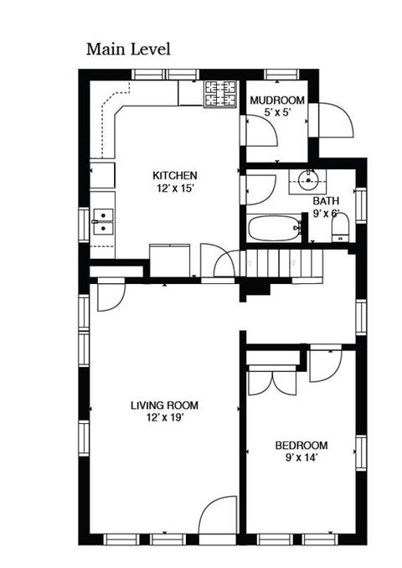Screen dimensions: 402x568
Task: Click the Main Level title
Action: pyautogui.click(x=128, y=49)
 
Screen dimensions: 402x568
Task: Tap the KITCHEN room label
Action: pyautogui.click(x=175, y=176)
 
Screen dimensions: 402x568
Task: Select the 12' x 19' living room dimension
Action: pyautogui.click(x=166, y=418)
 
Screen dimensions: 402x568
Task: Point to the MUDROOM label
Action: pyautogui.click(x=277, y=100)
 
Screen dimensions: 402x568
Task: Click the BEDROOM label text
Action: pyautogui.click(x=301, y=445)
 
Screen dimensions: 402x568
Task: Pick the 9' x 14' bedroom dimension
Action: pyautogui.click(x=301, y=458)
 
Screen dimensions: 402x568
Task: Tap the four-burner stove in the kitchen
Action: pyautogui.click(x=220, y=94)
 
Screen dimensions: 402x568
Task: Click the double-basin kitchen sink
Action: pyautogui.click(x=103, y=221)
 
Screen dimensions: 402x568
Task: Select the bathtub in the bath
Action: pyautogui.click(x=274, y=228)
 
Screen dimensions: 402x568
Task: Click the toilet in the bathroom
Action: pyautogui.click(x=340, y=228)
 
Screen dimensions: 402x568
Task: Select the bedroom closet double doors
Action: pyautogui.click(x=272, y=380)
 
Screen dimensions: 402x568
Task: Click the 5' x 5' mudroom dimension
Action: pyautogui.click(x=278, y=112)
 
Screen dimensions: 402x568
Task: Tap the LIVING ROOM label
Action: pyautogui.click(x=164, y=405)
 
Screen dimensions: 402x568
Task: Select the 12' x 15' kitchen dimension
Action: pyautogui.click(x=176, y=188)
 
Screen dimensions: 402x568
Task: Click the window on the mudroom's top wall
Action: pyautogui.click(x=281, y=75)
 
